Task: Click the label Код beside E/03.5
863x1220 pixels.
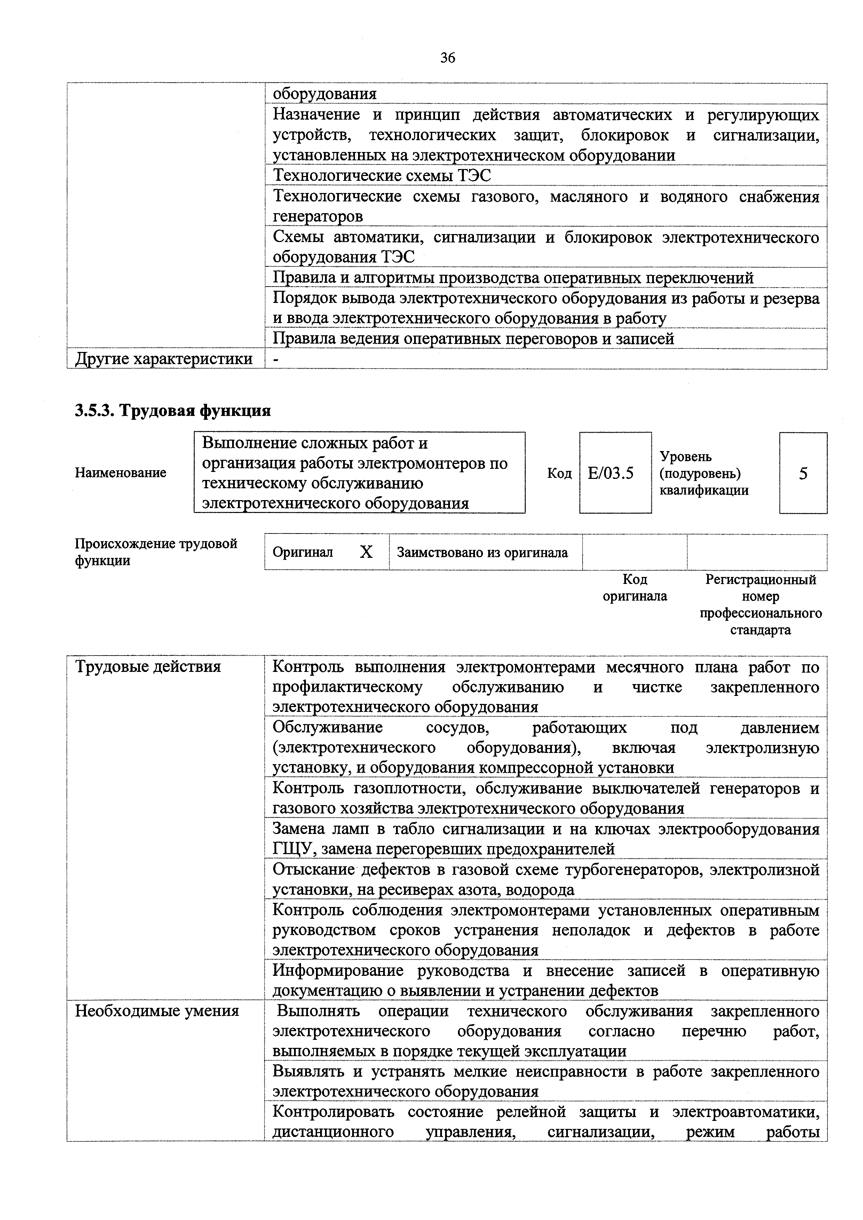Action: tap(559, 473)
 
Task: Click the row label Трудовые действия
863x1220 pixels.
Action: tap(148, 666)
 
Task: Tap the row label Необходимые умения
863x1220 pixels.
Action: tap(157, 1011)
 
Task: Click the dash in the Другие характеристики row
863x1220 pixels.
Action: tap(276, 359)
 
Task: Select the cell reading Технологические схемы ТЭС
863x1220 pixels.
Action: tap(382, 175)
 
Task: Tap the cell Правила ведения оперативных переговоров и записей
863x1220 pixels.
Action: tap(473, 338)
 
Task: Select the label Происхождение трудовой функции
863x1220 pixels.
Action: tap(156, 552)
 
